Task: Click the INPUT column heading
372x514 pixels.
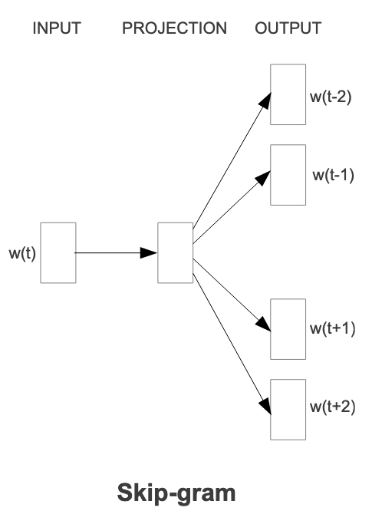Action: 57,28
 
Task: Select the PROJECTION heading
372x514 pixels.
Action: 174,28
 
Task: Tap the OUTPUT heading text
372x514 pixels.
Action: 288,28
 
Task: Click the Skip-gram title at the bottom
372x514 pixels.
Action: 176,493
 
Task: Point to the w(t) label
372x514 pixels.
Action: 22,253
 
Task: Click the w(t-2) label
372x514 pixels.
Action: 331,97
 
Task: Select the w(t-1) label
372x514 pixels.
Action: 334,175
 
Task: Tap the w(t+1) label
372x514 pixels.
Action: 332,328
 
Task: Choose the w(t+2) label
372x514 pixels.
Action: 332,407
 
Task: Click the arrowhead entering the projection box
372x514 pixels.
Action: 149,252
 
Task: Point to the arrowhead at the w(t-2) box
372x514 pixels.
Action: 265,100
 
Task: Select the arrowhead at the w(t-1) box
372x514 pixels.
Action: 263,178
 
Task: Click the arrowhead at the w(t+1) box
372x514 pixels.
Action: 264,324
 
